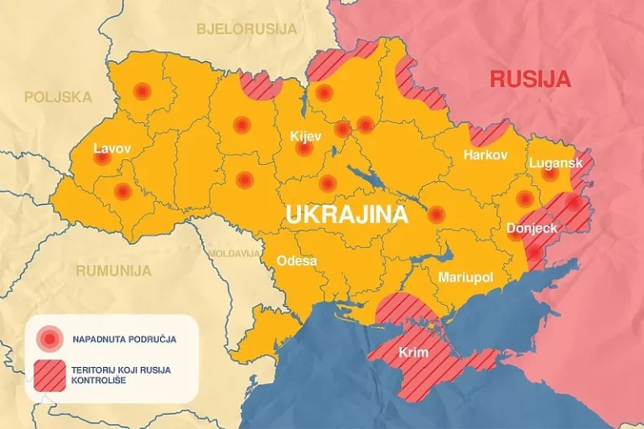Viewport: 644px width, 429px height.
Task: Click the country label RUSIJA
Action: pos(530,80)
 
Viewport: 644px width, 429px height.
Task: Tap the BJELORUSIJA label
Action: pos(247,29)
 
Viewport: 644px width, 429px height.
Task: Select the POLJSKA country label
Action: pos(58,97)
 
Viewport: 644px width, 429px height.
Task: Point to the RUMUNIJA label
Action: pos(113,271)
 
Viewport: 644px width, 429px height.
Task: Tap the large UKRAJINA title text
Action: pos(346,214)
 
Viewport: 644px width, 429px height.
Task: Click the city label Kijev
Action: pos(305,136)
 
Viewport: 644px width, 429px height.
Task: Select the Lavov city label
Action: pos(112,148)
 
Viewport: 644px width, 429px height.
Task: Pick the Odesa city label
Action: pos(297,261)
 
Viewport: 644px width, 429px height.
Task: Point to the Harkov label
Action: pos(486,156)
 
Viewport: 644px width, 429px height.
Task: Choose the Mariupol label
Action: pos(465,277)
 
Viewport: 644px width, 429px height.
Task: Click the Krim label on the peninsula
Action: pos(414,352)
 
